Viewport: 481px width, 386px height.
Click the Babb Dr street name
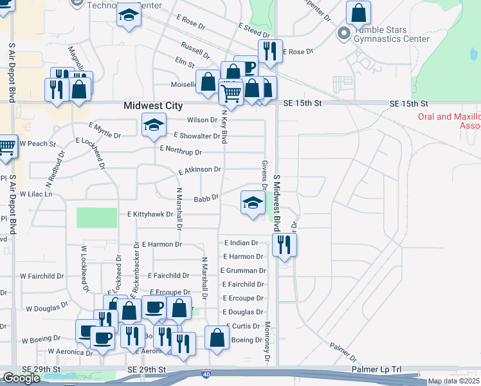(x=206, y=198)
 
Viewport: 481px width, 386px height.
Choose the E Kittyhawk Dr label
(x=150, y=214)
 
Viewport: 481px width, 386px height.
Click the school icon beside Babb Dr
(x=253, y=202)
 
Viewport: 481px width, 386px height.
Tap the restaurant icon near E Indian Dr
(x=284, y=244)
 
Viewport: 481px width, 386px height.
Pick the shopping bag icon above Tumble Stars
(x=358, y=12)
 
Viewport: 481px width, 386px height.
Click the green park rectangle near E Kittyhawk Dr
(x=93, y=217)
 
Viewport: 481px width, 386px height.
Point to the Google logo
(x=21, y=378)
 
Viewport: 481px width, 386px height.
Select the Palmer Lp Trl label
(x=377, y=370)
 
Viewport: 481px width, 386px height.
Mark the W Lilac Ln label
(x=35, y=194)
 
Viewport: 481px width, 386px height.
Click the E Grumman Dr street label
(x=244, y=271)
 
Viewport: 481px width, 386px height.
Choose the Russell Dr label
(x=195, y=50)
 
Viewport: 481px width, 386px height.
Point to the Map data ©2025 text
(x=453, y=381)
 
